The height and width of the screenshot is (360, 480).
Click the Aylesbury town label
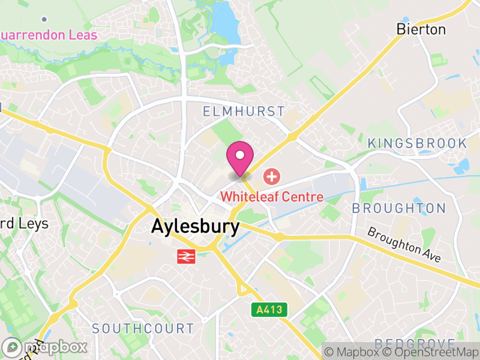click(x=195, y=226)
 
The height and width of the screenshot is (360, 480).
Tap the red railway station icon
click(x=186, y=256)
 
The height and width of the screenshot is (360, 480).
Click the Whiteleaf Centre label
click(x=272, y=196)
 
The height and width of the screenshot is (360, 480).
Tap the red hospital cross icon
click(x=272, y=176)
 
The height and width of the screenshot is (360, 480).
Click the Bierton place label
click(x=421, y=29)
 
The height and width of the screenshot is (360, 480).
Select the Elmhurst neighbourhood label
click(x=244, y=112)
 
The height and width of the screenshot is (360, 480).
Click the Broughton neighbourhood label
click(x=398, y=208)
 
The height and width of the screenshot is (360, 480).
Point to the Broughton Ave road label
click(x=404, y=244)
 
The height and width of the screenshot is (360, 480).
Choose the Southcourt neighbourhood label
click(x=143, y=329)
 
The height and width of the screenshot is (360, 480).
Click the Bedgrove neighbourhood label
click(x=415, y=344)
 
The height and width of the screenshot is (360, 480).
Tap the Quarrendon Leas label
click(x=48, y=35)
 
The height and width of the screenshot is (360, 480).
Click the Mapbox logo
click(x=45, y=347)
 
